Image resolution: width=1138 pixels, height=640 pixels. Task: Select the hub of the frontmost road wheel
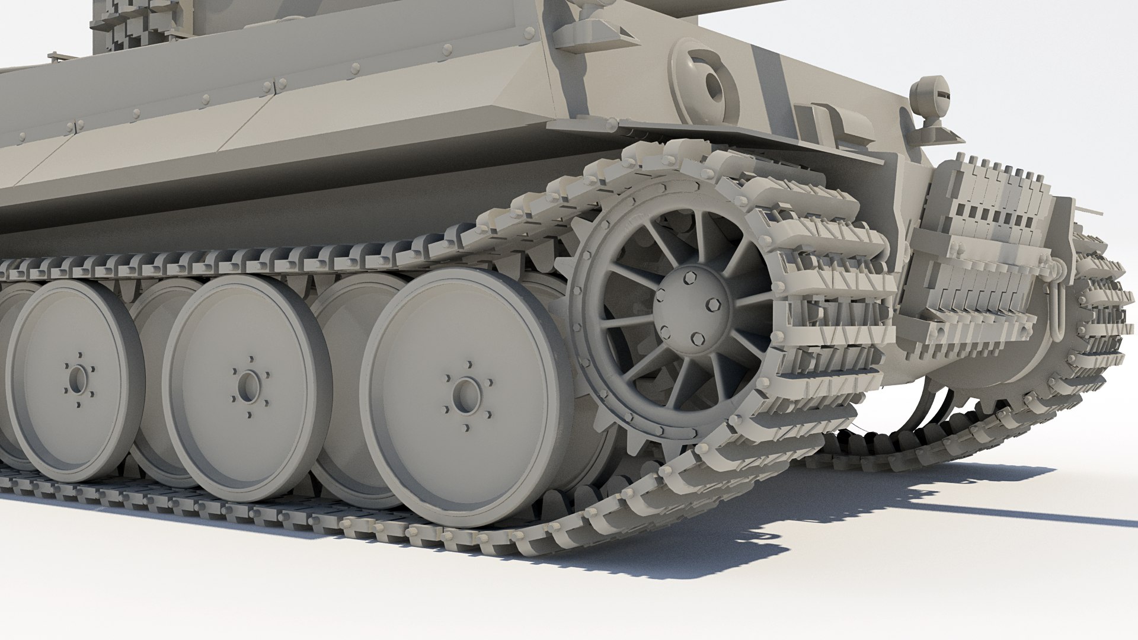(x=466, y=395)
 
